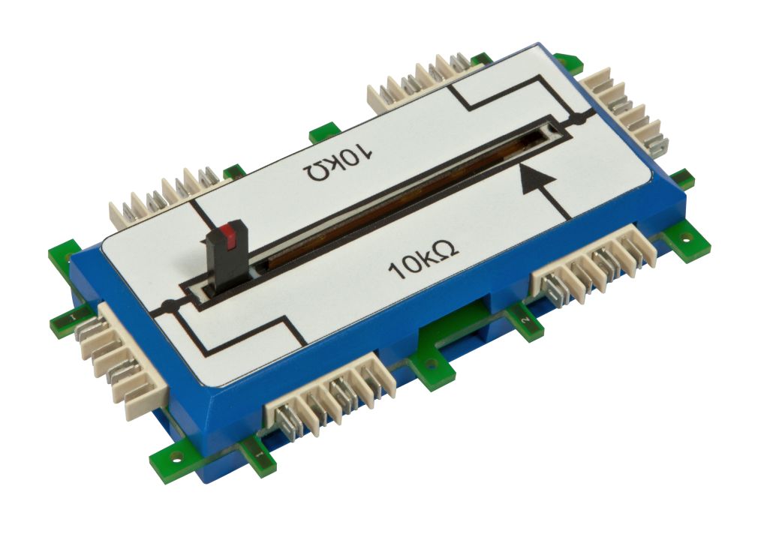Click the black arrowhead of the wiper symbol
coord(537,180)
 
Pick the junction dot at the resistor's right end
coord(579,118)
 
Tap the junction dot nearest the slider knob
coord(167,306)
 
